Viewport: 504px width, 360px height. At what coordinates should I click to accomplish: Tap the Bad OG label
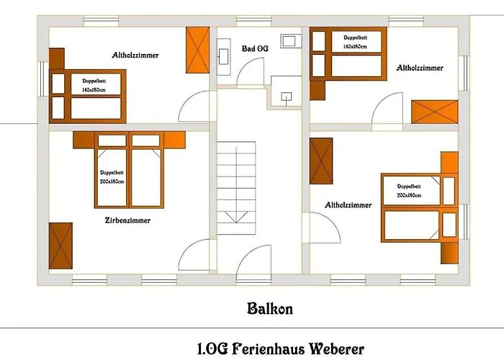coord(256,49)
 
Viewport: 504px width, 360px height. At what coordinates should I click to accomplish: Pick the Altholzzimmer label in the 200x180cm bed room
coord(348,205)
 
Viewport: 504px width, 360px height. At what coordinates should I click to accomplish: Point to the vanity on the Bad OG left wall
coord(222,53)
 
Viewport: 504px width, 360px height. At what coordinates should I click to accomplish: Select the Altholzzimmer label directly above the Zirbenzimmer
coord(135,55)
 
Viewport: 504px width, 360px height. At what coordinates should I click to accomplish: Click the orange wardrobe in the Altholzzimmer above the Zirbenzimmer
coord(197,50)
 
